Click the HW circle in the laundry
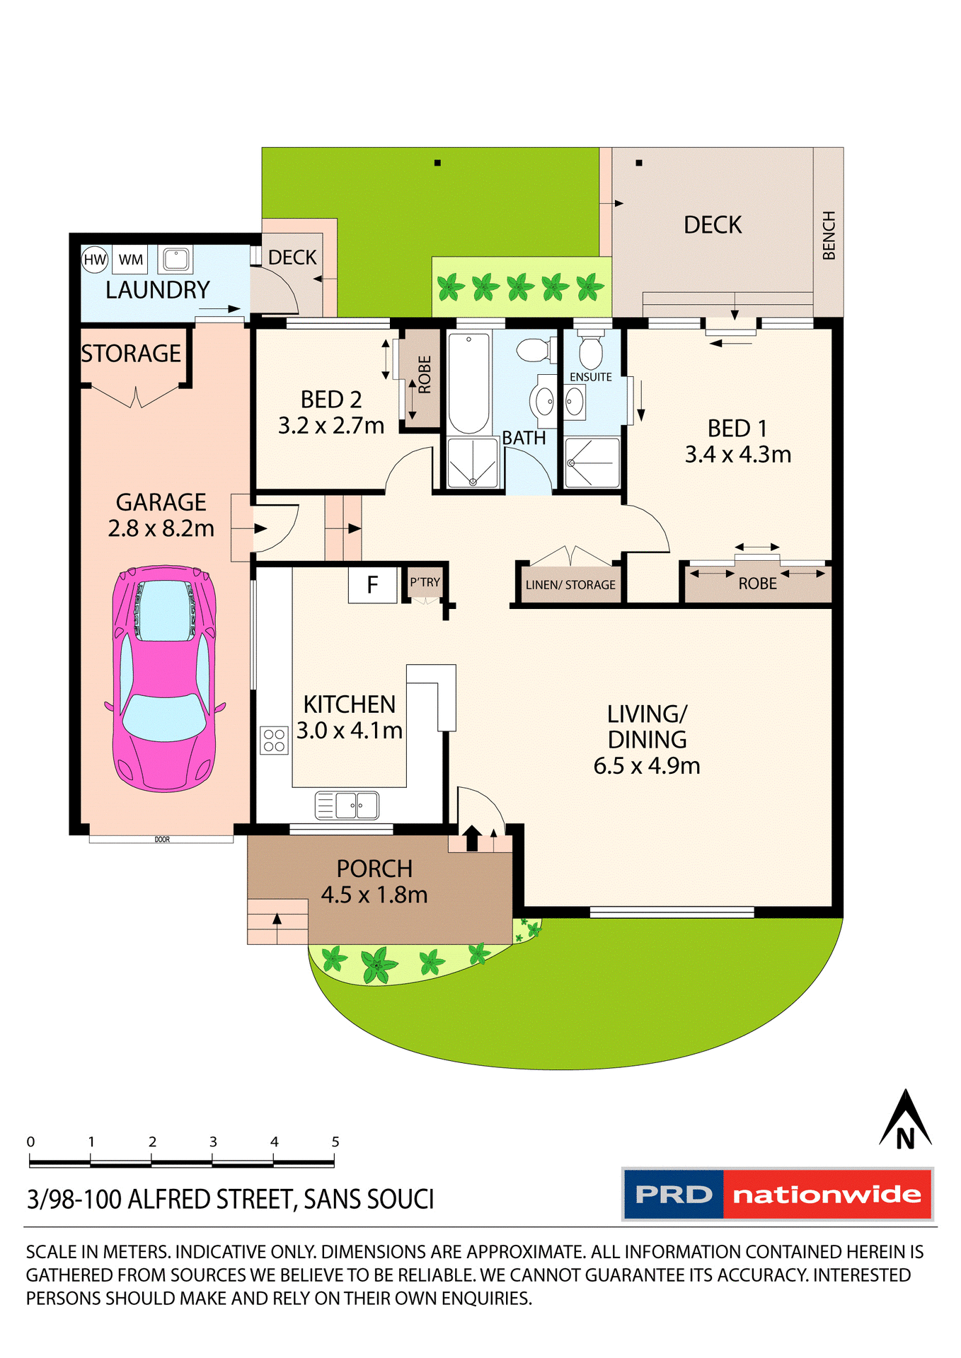click(x=94, y=260)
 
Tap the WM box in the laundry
click(x=130, y=260)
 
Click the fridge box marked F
click(x=372, y=585)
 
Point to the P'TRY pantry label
click(x=425, y=582)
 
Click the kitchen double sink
click(x=347, y=805)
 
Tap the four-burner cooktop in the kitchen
click(x=274, y=741)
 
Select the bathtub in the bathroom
click(x=468, y=383)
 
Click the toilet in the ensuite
click(x=591, y=351)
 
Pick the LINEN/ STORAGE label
click(x=570, y=585)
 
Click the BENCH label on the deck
click(x=829, y=236)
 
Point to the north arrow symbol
click(x=905, y=1120)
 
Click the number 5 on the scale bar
click(x=335, y=1142)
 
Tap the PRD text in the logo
click(x=673, y=1195)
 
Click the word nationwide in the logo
click(x=827, y=1195)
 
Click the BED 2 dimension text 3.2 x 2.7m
click(x=330, y=426)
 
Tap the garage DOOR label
click(x=162, y=840)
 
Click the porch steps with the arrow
click(x=277, y=921)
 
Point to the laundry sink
click(x=175, y=259)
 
